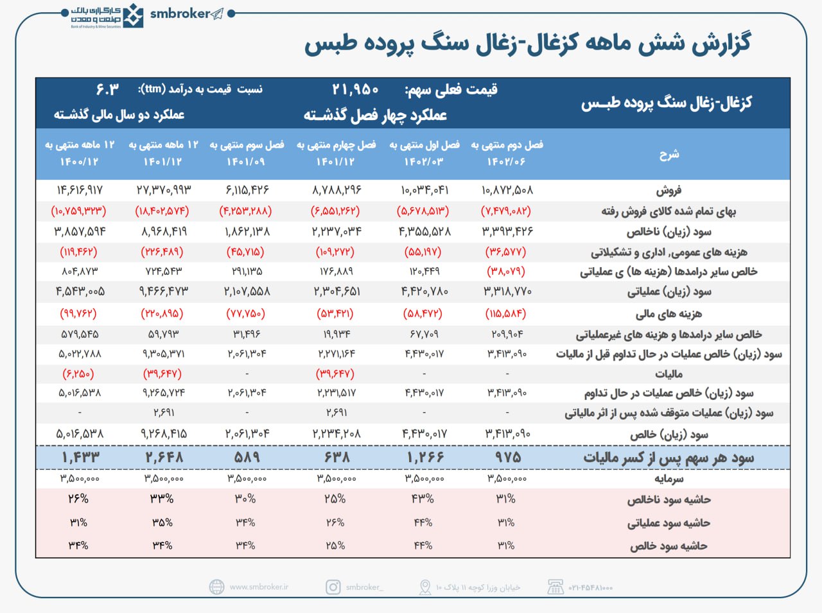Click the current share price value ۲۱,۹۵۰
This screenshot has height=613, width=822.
click(355, 89)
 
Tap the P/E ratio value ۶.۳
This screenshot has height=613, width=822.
click(107, 89)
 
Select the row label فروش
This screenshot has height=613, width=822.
click(669, 190)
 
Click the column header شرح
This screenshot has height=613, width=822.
click(669, 154)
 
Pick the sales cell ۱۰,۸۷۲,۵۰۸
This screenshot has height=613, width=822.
click(507, 190)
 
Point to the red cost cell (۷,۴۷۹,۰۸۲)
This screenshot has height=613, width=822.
click(506, 211)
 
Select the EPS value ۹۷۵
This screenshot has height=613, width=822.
click(507, 458)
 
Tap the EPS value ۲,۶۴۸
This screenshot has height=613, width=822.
click(163, 458)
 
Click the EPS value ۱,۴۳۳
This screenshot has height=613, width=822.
click(80, 458)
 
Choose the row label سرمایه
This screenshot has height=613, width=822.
click(669, 479)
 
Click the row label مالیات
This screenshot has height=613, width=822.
click(669, 374)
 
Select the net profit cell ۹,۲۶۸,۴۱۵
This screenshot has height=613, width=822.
click(163, 434)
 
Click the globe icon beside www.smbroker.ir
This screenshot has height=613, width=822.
click(217, 587)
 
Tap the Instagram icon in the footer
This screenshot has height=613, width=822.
click(333, 587)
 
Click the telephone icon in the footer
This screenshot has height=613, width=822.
click(555, 587)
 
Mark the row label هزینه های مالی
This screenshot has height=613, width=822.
click(669, 314)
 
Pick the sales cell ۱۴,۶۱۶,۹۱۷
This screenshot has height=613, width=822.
click(80, 190)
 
